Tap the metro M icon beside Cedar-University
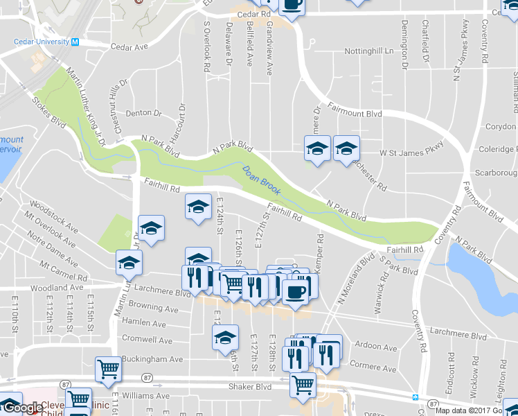[75, 42]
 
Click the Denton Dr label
[143, 113]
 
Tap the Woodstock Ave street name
[53, 216]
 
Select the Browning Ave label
[154, 307]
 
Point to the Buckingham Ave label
[152, 359]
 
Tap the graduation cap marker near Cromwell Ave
[224, 338]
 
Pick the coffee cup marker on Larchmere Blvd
[295, 291]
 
